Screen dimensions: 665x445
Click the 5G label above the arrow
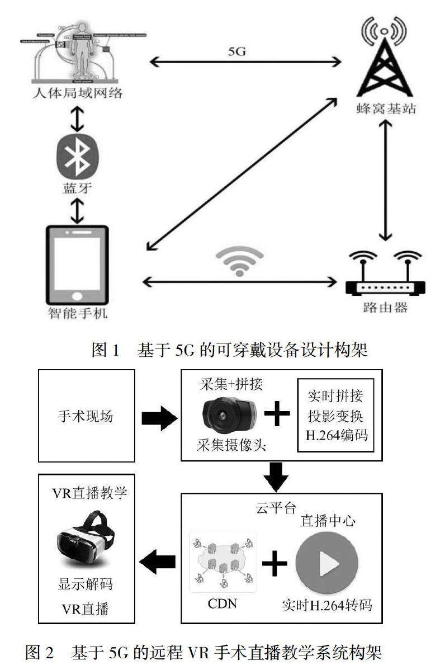pos(238,53)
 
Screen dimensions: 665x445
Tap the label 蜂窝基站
pos(388,109)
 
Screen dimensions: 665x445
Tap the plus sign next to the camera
pos(277,416)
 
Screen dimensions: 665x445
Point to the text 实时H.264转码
pos(326,605)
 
